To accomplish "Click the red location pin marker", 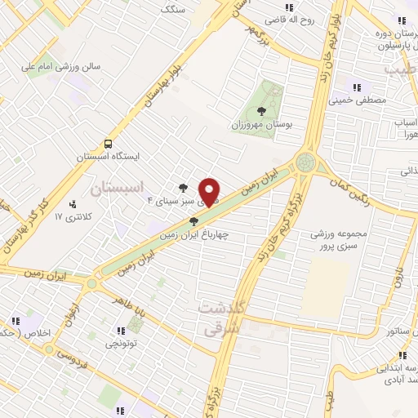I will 210,192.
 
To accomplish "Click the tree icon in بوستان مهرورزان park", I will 261,111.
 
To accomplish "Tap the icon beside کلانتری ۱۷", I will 73,204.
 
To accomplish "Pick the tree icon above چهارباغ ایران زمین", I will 193,221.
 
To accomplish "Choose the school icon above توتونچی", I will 121,331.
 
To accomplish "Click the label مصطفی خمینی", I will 355,100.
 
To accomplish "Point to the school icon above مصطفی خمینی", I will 356,87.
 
